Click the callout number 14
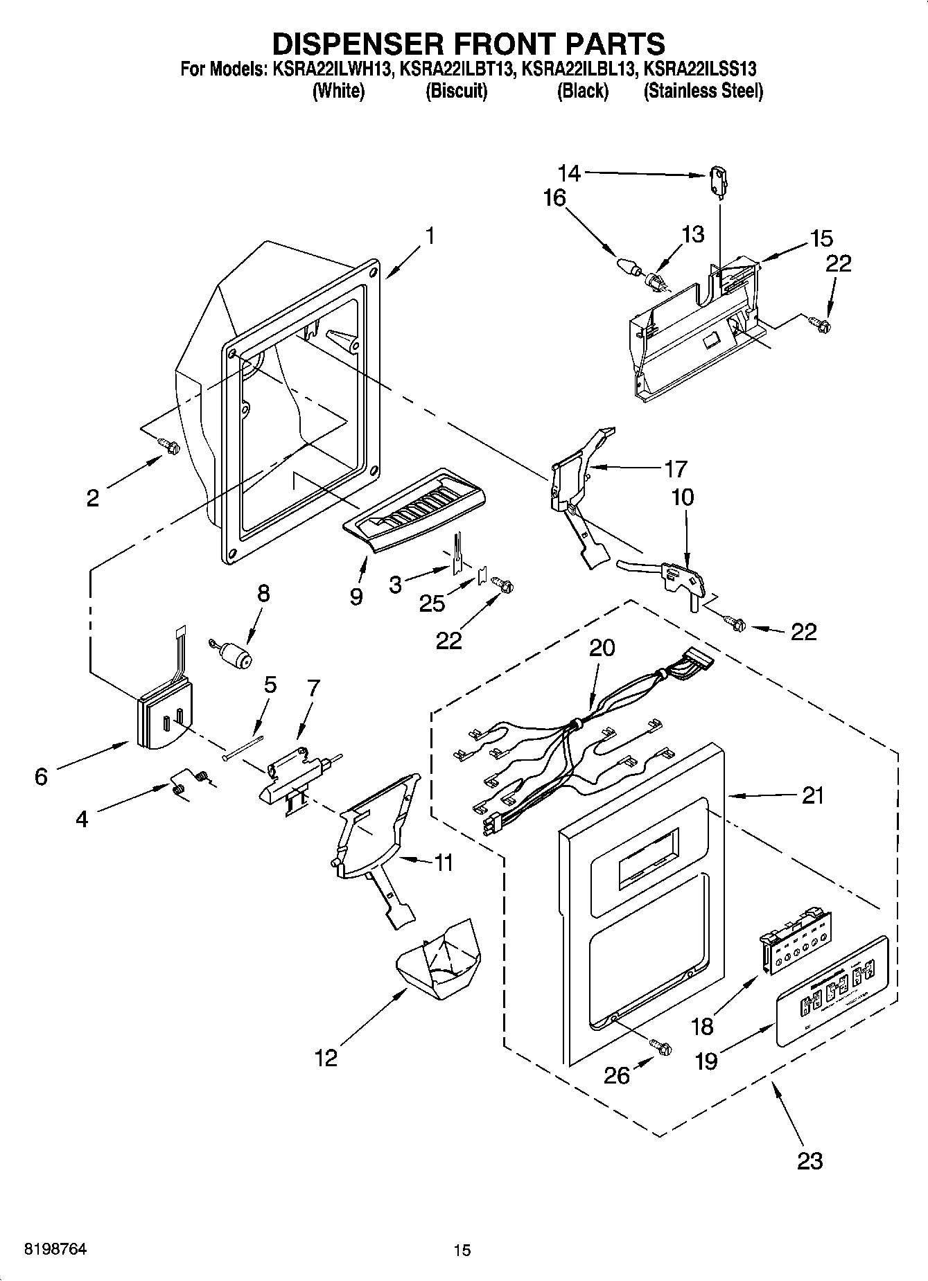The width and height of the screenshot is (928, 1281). pyautogui.click(x=569, y=173)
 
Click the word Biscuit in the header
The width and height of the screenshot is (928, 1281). pyautogui.click(x=456, y=91)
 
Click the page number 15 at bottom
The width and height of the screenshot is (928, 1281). pyautogui.click(x=462, y=1251)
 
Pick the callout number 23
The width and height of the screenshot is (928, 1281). pyautogui.click(x=809, y=1160)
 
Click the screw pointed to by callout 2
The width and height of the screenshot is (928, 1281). pyautogui.click(x=168, y=447)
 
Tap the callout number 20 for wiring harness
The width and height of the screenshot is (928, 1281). pyautogui.click(x=602, y=648)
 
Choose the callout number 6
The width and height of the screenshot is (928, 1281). pyautogui.click(x=41, y=777)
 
